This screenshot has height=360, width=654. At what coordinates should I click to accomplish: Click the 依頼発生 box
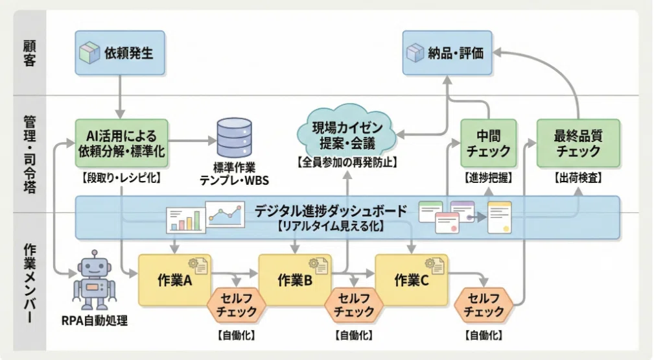(120, 53)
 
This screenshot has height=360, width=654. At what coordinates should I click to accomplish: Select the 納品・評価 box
(447, 53)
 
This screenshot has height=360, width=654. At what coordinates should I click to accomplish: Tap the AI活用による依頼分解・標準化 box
(121, 143)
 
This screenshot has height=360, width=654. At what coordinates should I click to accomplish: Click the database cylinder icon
(235, 138)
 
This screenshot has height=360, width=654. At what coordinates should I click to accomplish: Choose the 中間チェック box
(489, 143)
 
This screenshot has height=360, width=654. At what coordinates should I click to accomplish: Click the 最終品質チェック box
(578, 143)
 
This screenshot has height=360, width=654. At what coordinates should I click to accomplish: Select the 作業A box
(175, 280)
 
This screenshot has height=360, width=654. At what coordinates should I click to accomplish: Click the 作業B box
(295, 280)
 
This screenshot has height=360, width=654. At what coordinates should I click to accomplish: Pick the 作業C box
(412, 280)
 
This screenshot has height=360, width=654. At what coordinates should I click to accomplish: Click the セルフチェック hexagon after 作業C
(484, 305)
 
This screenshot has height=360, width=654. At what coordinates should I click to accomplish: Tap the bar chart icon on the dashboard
(185, 220)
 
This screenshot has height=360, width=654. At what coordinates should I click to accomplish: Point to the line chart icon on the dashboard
(225, 215)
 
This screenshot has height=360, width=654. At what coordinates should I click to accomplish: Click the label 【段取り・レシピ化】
(121, 178)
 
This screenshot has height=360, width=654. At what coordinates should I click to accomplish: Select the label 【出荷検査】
(578, 178)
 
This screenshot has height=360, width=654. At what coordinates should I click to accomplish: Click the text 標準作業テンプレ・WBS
(235, 174)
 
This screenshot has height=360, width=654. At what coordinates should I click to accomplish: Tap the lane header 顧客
(29, 53)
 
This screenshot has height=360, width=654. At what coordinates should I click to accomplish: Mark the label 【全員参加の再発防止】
(347, 162)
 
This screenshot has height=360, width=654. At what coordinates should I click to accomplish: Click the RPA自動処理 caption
(94, 320)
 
